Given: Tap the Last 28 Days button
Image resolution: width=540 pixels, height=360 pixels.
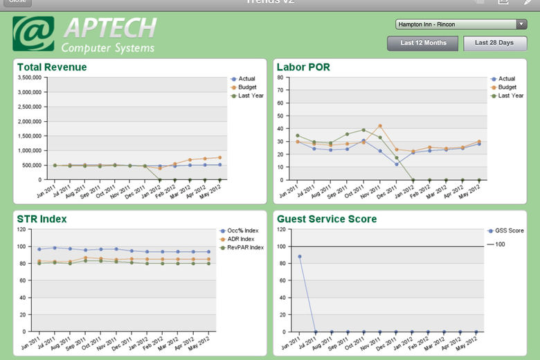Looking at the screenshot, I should pyautogui.click(x=494, y=44).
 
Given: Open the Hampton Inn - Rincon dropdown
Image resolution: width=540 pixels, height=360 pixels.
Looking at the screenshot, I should pyautogui.click(x=461, y=24).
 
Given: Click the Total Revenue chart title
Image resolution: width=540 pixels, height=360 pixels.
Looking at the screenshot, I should pyautogui.click(x=52, y=67).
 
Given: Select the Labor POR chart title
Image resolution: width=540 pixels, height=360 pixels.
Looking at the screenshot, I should pyautogui.click(x=303, y=67).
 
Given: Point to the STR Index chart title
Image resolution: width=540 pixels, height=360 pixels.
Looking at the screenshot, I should pyautogui.click(x=42, y=219).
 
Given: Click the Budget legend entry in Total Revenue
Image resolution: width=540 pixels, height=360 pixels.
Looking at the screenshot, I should pyautogui.click(x=247, y=87).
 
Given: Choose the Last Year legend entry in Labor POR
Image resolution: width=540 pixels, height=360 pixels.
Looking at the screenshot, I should pyautogui.click(x=510, y=96).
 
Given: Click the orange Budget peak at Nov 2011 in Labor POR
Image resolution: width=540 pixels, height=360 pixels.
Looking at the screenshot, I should pyautogui.click(x=380, y=126).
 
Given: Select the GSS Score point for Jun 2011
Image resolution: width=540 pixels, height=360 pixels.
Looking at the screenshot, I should pyautogui.click(x=300, y=256).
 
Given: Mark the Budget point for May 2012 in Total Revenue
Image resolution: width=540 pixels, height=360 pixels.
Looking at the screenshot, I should pyautogui.click(x=219, y=157).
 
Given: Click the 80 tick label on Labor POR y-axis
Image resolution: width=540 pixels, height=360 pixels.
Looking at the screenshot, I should pyautogui.click(x=280, y=78).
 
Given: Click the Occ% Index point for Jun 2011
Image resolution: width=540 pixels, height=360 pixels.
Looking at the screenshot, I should pyautogui.click(x=39, y=249).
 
